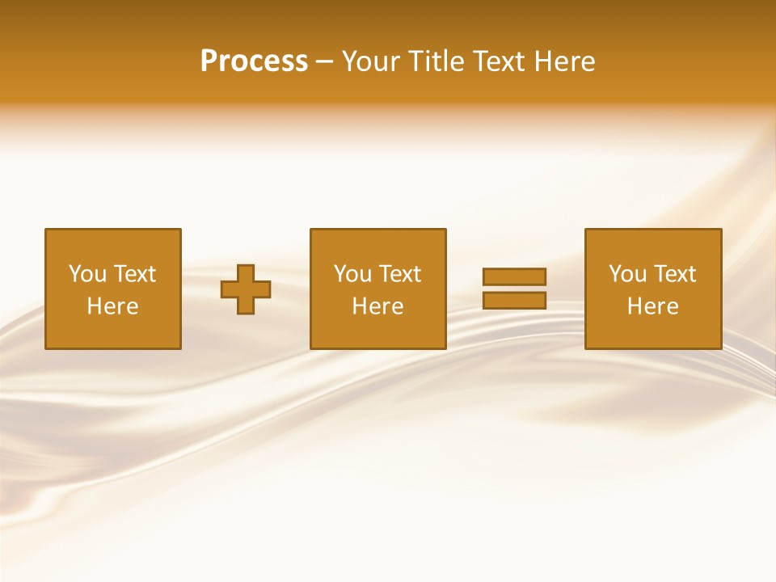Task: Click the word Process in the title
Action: point(254,61)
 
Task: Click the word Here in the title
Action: point(565,61)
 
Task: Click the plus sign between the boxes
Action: point(246,289)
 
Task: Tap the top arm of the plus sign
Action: point(246,272)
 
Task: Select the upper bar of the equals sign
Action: point(514,276)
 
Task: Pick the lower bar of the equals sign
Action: point(514,301)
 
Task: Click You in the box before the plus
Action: point(87,274)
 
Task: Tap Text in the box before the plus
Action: point(134,274)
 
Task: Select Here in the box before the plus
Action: point(112,306)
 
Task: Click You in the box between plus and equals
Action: point(352,274)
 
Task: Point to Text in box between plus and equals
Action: point(399,274)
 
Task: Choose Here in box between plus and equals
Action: point(377,306)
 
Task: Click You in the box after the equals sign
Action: point(627,274)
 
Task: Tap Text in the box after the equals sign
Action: point(674,274)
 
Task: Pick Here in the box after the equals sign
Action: point(652,306)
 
